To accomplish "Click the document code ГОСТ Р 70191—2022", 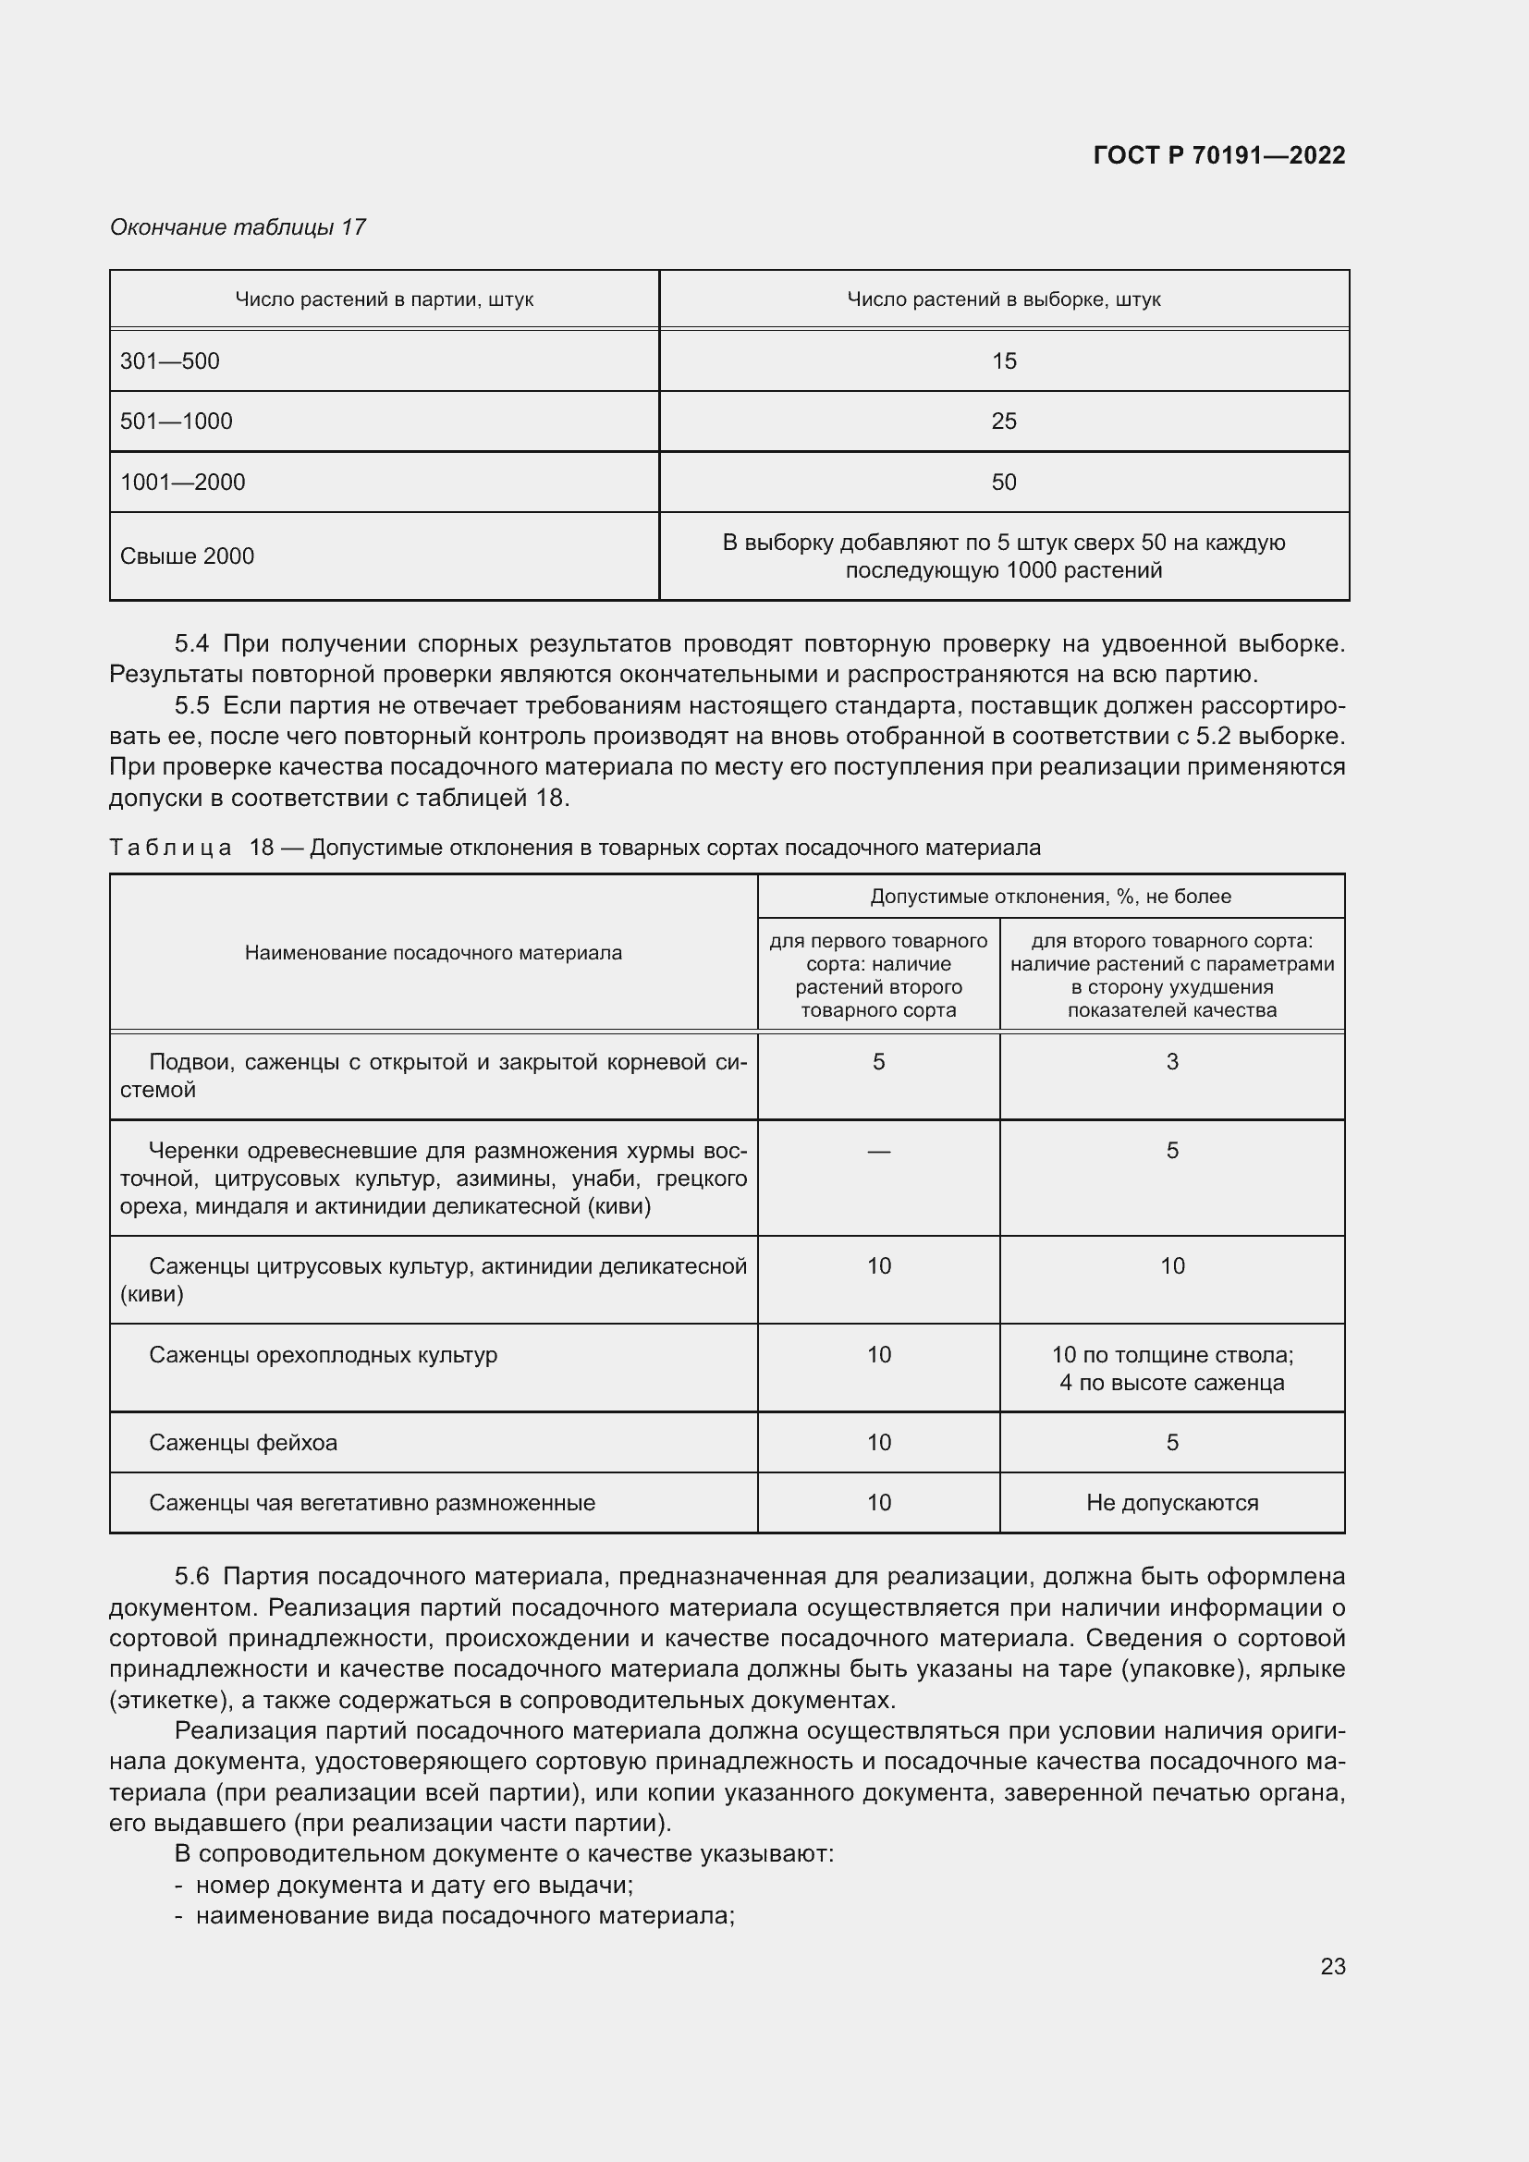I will [1218, 155].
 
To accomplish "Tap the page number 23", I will [1332, 1966].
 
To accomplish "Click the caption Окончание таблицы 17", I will [238, 227].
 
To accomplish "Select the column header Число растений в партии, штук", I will [385, 299].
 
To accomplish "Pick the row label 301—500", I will [169, 360].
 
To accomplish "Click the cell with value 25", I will [1004, 421].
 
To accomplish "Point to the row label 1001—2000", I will [183, 482].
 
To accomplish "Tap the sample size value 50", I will [1004, 482].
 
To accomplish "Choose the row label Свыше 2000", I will [188, 556].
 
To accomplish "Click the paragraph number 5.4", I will [191, 644].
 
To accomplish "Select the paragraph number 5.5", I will [191, 705].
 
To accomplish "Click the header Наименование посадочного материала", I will [433, 952].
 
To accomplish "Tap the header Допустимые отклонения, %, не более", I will [1050, 897].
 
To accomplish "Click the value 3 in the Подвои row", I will [1172, 1062].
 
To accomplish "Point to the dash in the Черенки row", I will [878, 1151].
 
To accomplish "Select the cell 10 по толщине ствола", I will [1172, 1355].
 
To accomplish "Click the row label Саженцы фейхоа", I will [243, 1443].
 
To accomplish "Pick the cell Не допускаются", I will [1172, 1503].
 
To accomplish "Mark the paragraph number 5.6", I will [191, 1576].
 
